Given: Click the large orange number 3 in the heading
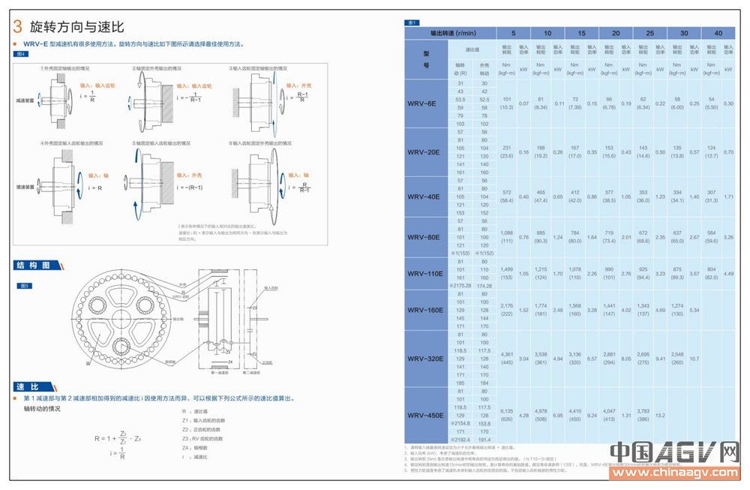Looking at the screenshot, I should [17, 27].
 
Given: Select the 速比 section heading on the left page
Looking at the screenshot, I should [29, 386].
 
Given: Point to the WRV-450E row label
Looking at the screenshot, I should [425, 415].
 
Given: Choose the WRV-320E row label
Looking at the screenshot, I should [425, 358].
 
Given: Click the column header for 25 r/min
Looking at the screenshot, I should [649, 33].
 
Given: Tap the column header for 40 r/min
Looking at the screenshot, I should [718, 33].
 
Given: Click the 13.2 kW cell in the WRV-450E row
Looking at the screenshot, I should [661, 415].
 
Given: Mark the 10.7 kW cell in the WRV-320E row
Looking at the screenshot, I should [694, 358].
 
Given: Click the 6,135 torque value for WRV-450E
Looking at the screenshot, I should [506, 411].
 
